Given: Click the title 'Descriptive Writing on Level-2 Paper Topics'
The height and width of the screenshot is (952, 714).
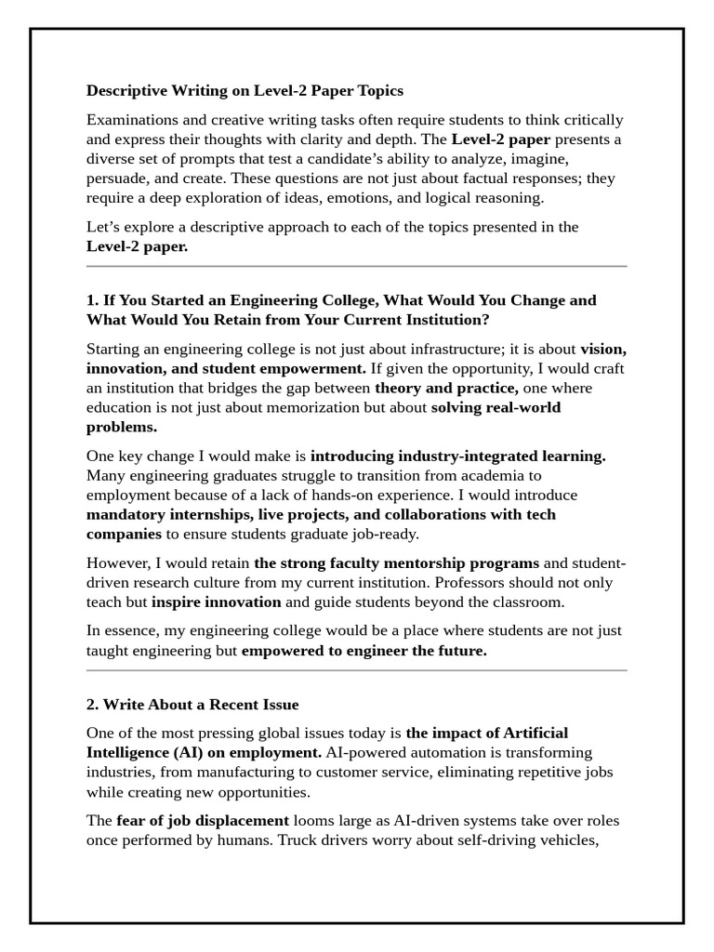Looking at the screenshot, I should (245, 91).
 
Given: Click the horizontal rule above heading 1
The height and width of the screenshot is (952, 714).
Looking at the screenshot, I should (356, 267).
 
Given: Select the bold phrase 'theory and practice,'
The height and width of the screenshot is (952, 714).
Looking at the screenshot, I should (446, 389).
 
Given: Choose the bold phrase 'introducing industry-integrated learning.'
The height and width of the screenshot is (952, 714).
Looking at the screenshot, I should (457, 456).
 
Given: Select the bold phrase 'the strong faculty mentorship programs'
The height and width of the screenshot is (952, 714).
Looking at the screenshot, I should (396, 563).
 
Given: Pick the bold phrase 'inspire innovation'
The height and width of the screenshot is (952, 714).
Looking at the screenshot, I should (216, 602).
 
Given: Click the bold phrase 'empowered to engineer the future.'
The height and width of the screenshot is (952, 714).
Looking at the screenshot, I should (364, 651).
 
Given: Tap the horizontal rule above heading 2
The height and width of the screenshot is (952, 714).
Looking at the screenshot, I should (356, 670).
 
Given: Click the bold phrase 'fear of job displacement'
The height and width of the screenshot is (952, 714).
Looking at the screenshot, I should (203, 821).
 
